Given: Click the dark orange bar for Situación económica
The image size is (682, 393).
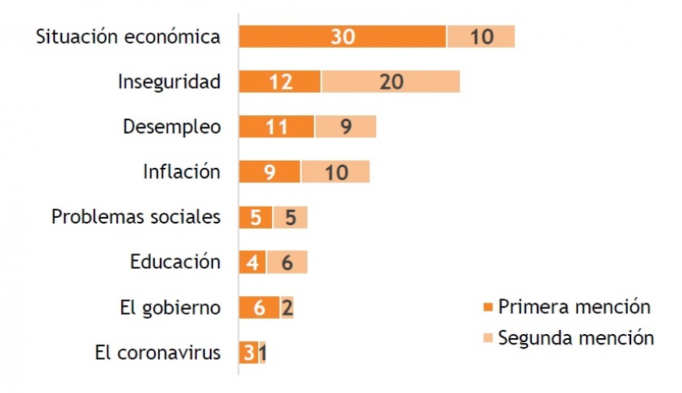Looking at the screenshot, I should [342, 37].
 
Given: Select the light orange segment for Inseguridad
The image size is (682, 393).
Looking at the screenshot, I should [391, 82].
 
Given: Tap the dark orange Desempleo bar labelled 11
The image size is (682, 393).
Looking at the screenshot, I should [276, 128].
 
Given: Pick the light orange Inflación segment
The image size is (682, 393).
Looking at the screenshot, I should [336, 172].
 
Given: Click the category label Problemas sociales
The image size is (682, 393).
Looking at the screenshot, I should [136, 217].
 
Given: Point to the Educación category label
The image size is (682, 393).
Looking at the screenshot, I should [175, 262].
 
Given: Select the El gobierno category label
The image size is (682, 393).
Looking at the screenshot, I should [169, 307].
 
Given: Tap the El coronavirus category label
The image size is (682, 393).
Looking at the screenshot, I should [157, 353].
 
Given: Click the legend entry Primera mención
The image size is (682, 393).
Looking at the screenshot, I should [574, 307].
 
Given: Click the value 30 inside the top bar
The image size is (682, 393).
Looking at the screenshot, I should [342, 37].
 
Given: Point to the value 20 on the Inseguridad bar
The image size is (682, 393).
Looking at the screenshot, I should [390, 82].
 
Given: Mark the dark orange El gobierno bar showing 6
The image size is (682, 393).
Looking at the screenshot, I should [259, 307].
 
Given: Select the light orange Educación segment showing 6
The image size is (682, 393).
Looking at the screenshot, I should [287, 262].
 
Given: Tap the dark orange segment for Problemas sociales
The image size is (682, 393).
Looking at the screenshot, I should [255, 217].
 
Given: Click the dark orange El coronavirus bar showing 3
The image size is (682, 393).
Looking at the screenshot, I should [248, 353].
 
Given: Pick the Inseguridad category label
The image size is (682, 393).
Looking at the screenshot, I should [169, 82].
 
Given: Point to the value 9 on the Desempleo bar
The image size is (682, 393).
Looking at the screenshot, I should [345, 128].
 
